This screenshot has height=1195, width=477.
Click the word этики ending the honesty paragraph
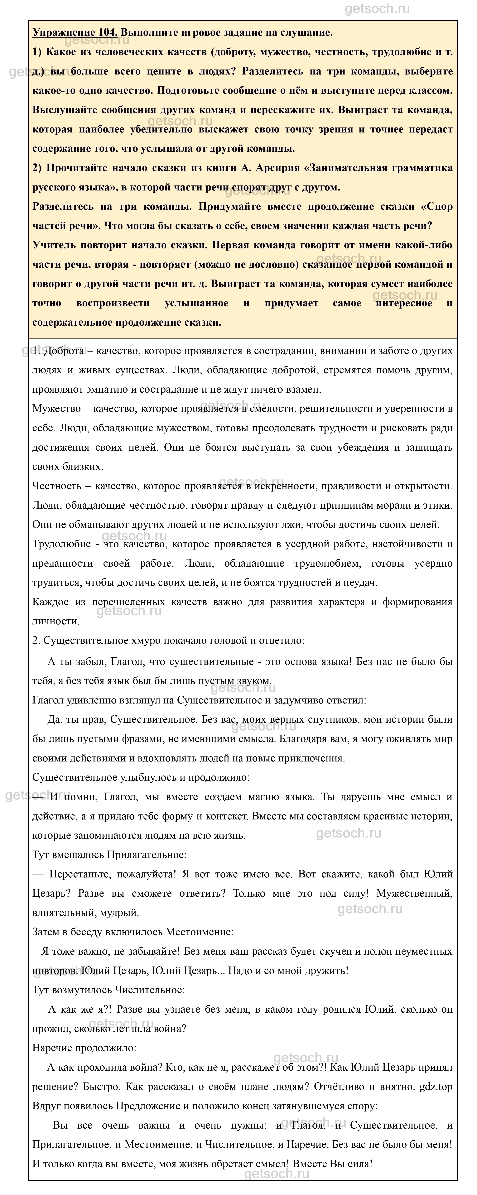(438, 505)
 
